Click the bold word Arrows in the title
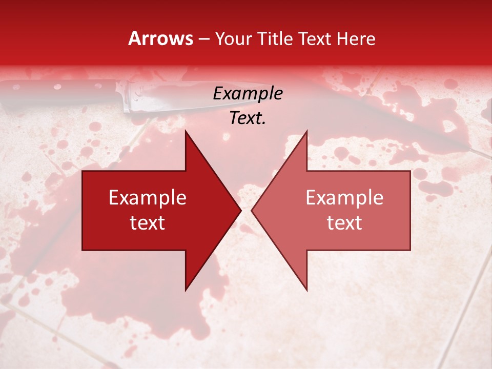pyautogui.click(x=160, y=38)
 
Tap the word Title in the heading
pyautogui.click(x=275, y=39)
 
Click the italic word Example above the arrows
pyautogui.click(x=248, y=93)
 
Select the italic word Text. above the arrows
pyautogui.click(x=248, y=118)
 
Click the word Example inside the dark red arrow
pyautogui.click(x=147, y=198)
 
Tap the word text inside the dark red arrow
pyautogui.click(x=147, y=223)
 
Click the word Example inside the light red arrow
pyautogui.click(x=344, y=198)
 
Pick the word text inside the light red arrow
pyautogui.click(x=344, y=223)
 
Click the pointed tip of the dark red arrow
pyautogui.click(x=240, y=210)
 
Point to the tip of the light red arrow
pyautogui.click(x=252, y=210)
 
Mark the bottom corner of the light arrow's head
pyautogui.click(x=306, y=290)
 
